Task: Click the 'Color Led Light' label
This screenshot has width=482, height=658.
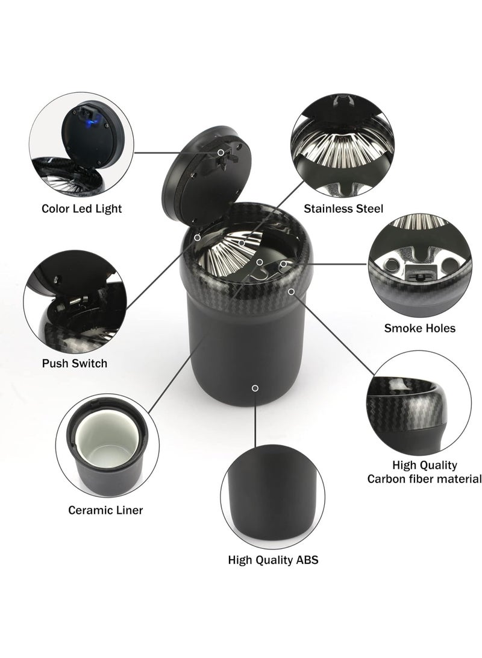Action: [x=81, y=209]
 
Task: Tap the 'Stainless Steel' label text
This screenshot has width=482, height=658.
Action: [x=343, y=209]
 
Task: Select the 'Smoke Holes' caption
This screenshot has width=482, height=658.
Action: [x=420, y=328]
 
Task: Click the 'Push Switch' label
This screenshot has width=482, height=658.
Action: [x=75, y=363]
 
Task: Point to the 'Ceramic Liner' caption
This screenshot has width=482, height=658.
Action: [x=105, y=510]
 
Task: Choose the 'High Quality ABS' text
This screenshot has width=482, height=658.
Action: [x=273, y=560]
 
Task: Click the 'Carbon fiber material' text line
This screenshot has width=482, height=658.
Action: [x=425, y=479]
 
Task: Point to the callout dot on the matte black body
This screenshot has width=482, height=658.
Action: [x=255, y=388]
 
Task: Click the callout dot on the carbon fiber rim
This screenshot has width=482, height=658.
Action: [x=292, y=292]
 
